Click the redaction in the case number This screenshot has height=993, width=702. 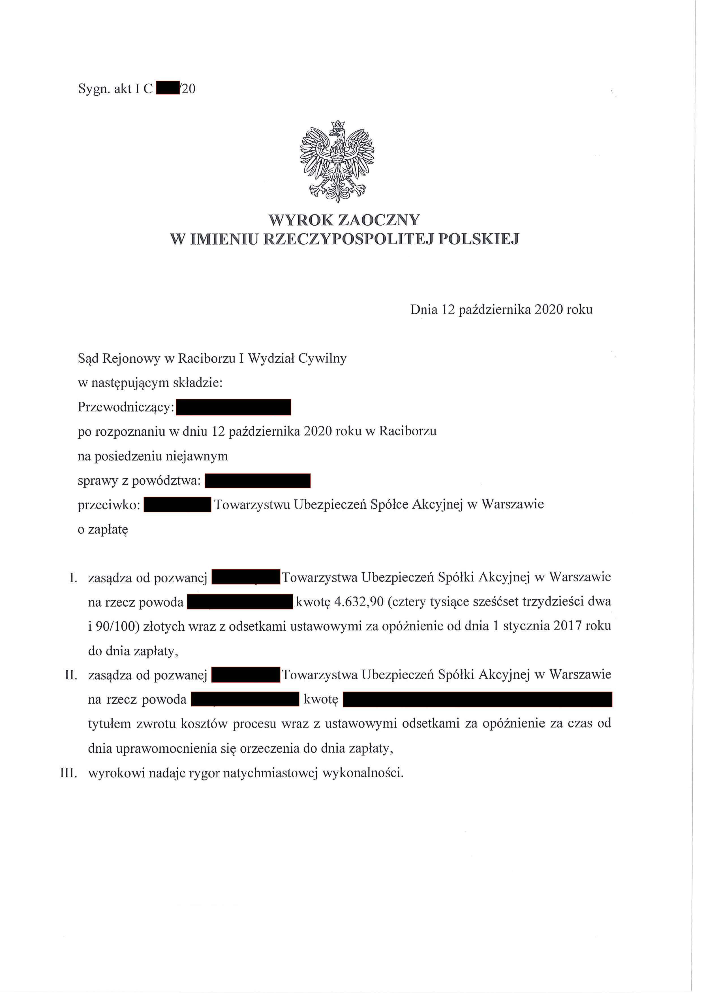pyautogui.click(x=168, y=88)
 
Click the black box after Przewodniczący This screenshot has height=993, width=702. pyautogui.click(x=234, y=407)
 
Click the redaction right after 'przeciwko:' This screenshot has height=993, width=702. pyautogui.click(x=177, y=505)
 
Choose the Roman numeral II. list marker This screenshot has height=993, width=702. pyautogui.click(x=71, y=675)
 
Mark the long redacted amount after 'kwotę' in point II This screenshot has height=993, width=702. pyautogui.click(x=478, y=700)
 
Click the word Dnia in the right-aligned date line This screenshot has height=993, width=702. pyautogui.click(x=424, y=310)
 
